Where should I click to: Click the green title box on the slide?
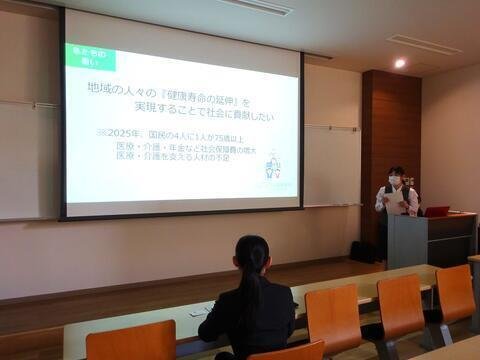pos(90,57)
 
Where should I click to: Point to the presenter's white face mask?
pos(394,181)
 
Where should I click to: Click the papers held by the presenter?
pos(394,202)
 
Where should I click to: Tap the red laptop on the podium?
pos(437,211)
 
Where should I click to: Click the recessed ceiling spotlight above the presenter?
pos(399,63)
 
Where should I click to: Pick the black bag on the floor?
pos(363,250)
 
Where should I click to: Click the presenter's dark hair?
pos(395,171)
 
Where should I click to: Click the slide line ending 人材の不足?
pos(184,156)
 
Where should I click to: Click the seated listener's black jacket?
pos(245,320)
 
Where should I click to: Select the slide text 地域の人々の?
pos(119,88)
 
